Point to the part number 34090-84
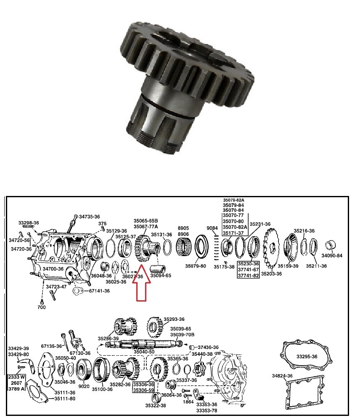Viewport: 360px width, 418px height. coord(332,255)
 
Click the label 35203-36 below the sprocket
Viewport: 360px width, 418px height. coord(272,274)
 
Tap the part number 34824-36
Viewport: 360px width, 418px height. coord(282,376)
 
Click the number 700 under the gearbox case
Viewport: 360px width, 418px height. coord(41,308)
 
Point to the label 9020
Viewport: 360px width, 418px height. coord(84,386)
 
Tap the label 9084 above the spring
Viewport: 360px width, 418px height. coord(212,228)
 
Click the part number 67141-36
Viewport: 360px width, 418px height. coord(99,291)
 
